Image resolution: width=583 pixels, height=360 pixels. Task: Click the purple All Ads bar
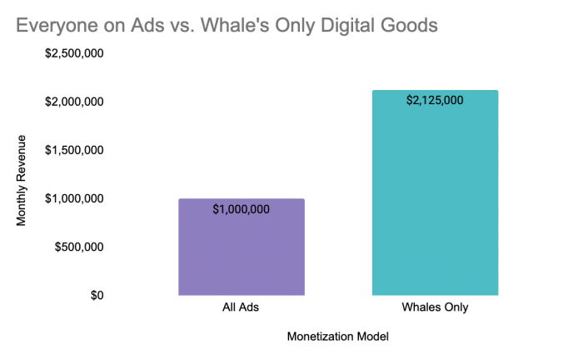click(x=242, y=247)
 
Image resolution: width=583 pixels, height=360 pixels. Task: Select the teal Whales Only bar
click(x=435, y=192)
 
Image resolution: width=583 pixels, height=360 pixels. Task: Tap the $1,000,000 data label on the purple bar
click(x=241, y=209)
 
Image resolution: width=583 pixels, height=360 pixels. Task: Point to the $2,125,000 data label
click(x=435, y=100)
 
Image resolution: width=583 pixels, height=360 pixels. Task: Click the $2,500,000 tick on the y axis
click(x=74, y=53)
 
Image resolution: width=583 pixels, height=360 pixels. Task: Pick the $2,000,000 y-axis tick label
click(x=74, y=102)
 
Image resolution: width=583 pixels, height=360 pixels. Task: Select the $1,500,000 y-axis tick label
click(x=74, y=150)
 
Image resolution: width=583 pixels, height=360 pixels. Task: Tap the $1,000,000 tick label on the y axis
click(x=74, y=198)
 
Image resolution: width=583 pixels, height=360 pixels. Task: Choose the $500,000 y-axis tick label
click(x=79, y=247)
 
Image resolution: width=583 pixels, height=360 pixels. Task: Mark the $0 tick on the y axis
click(x=97, y=295)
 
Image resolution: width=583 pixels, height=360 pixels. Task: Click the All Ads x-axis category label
click(x=241, y=307)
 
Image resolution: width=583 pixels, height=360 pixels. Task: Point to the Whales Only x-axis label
click(x=435, y=307)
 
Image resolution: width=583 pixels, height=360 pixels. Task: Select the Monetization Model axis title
click(x=338, y=337)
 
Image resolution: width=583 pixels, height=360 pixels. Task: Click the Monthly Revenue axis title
click(x=21, y=180)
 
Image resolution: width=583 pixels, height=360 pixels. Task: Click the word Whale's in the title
click(x=235, y=25)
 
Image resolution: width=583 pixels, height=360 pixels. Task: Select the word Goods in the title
click(x=409, y=25)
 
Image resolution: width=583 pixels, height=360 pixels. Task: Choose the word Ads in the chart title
click(x=147, y=25)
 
